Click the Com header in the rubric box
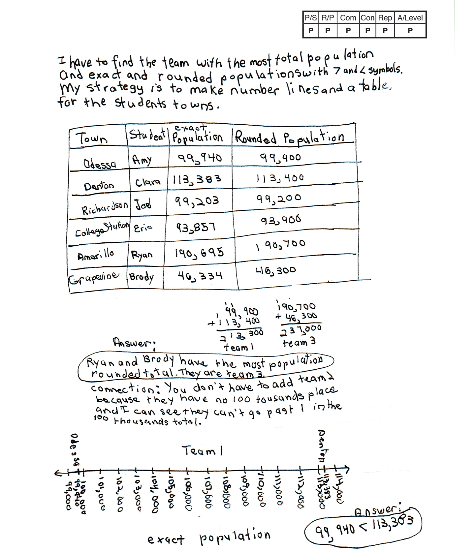tap(348, 18)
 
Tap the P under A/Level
tap(410, 31)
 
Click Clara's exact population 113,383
tap(197, 180)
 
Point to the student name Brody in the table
tap(142, 277)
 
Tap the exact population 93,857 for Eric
tap(196, 227)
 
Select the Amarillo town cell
tap(96, 255)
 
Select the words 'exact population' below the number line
tap(208, 538)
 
